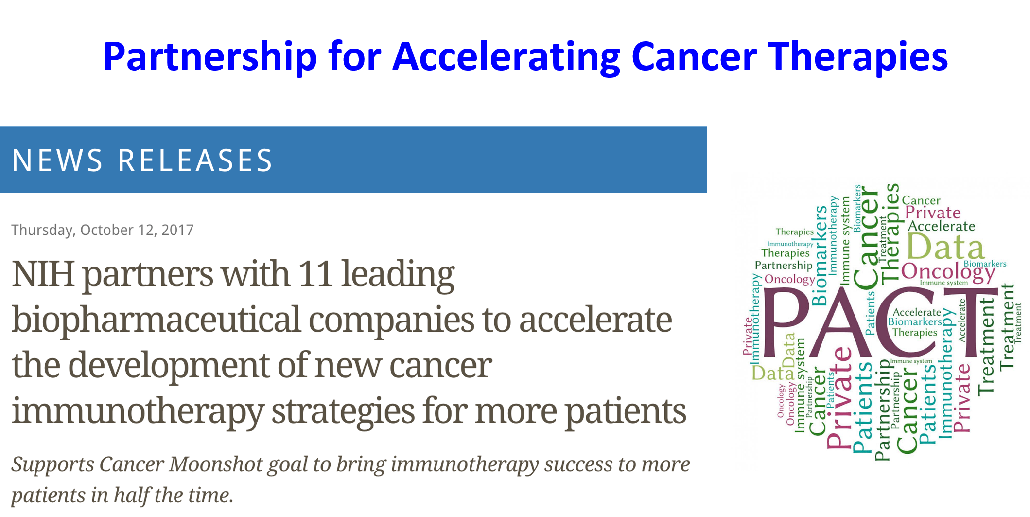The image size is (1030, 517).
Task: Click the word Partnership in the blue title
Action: (x=210, y=57)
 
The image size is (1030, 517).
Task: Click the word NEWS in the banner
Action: (x=57, y=160)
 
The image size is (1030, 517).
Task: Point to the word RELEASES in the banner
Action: (x=195, y=160)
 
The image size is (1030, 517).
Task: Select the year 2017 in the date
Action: (x=177, y=230)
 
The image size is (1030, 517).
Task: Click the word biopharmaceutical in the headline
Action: (x=156, y=320)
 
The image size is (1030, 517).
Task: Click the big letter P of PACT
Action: (x=785, y=321)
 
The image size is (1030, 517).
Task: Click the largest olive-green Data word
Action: (x=945, y=247)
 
